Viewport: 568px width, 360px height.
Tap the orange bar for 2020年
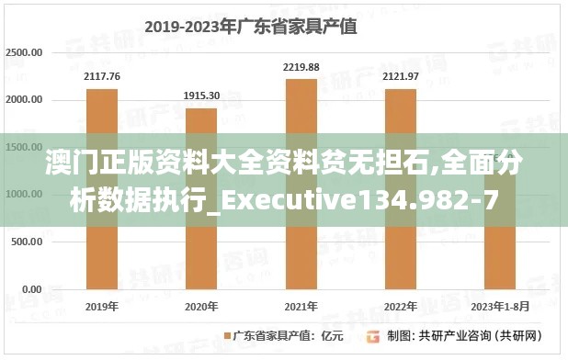(x=201, y=197)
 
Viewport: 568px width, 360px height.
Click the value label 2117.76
(x=102, y=76)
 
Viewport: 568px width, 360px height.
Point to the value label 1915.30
(x=201, y=96)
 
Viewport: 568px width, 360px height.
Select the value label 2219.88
(x=301, y=67)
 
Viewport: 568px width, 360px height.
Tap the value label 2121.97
(x=400, y=76)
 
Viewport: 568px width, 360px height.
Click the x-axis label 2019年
(x=102, y=306)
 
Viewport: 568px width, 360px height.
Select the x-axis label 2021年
(x=301, y=306)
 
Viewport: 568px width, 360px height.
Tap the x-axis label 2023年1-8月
(x=499, y=306)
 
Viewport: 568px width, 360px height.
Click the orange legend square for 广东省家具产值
(x=226, y=335)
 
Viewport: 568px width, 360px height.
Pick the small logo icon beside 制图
(x=374, y=335)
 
